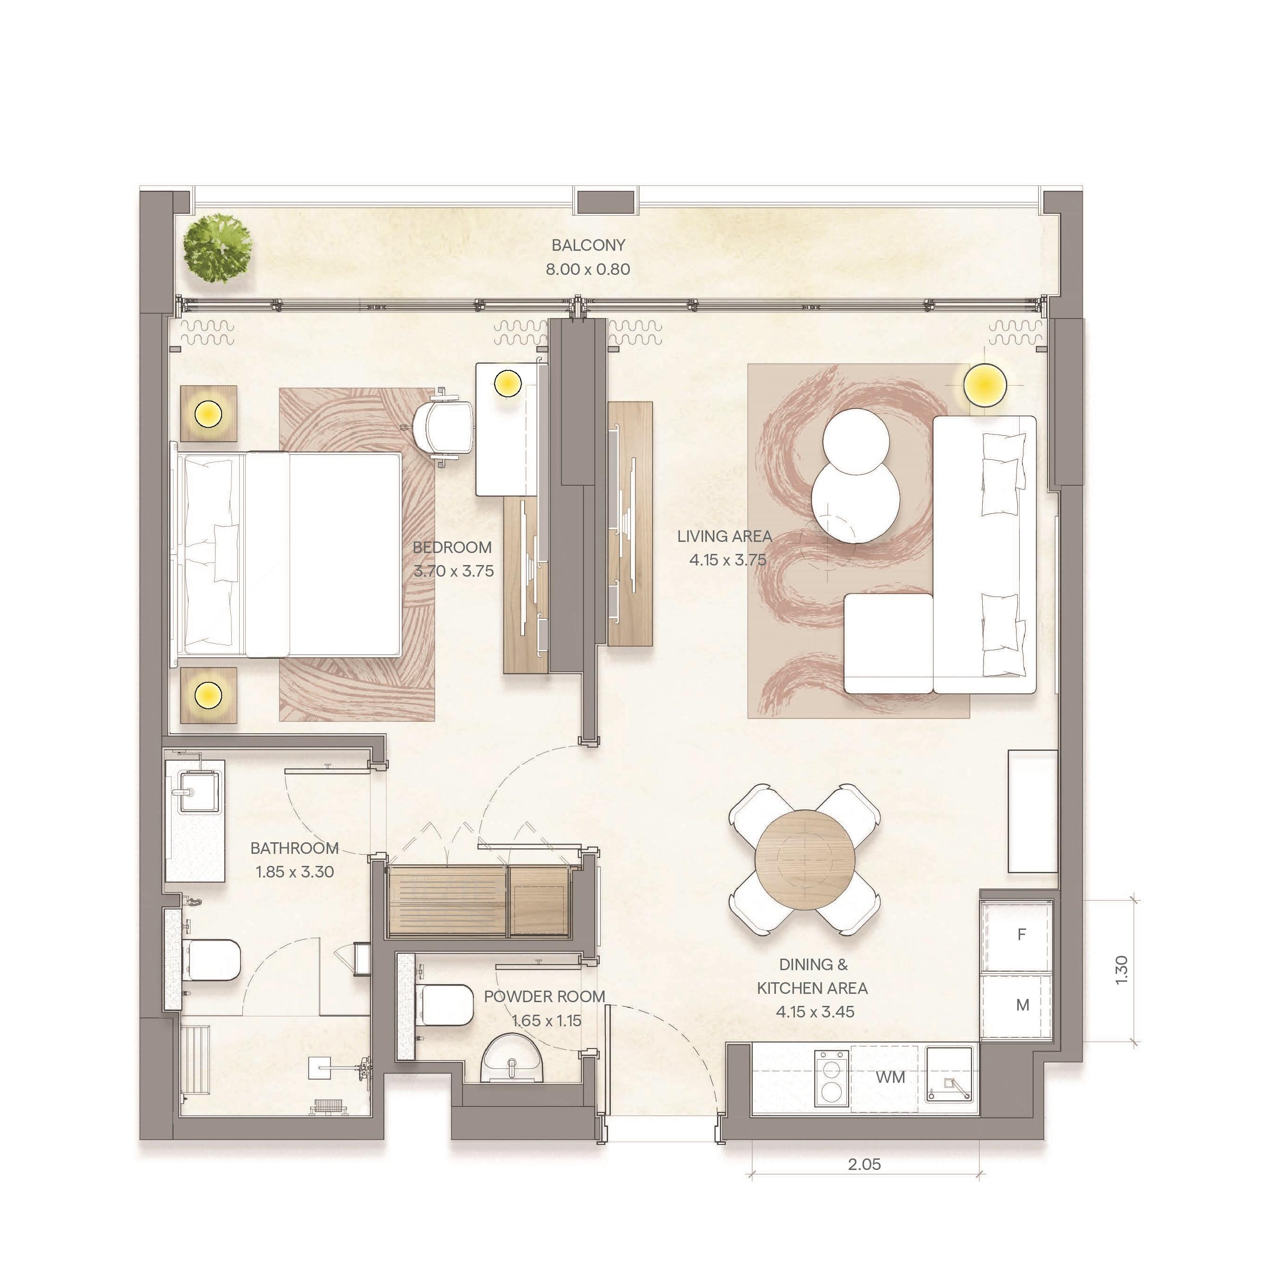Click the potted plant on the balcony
pos(217,248)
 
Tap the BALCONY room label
pos(588,245)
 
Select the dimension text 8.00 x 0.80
pos(588,269)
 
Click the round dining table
pos(805,859)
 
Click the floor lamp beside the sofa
pos(984,384)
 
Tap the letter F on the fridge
pos(1021,934)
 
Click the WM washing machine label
pos(890,1077)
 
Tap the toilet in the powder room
pos(444,1005)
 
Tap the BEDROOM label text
pos(452,547)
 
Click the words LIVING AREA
pos(724,536)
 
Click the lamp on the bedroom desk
pos(508,382)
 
